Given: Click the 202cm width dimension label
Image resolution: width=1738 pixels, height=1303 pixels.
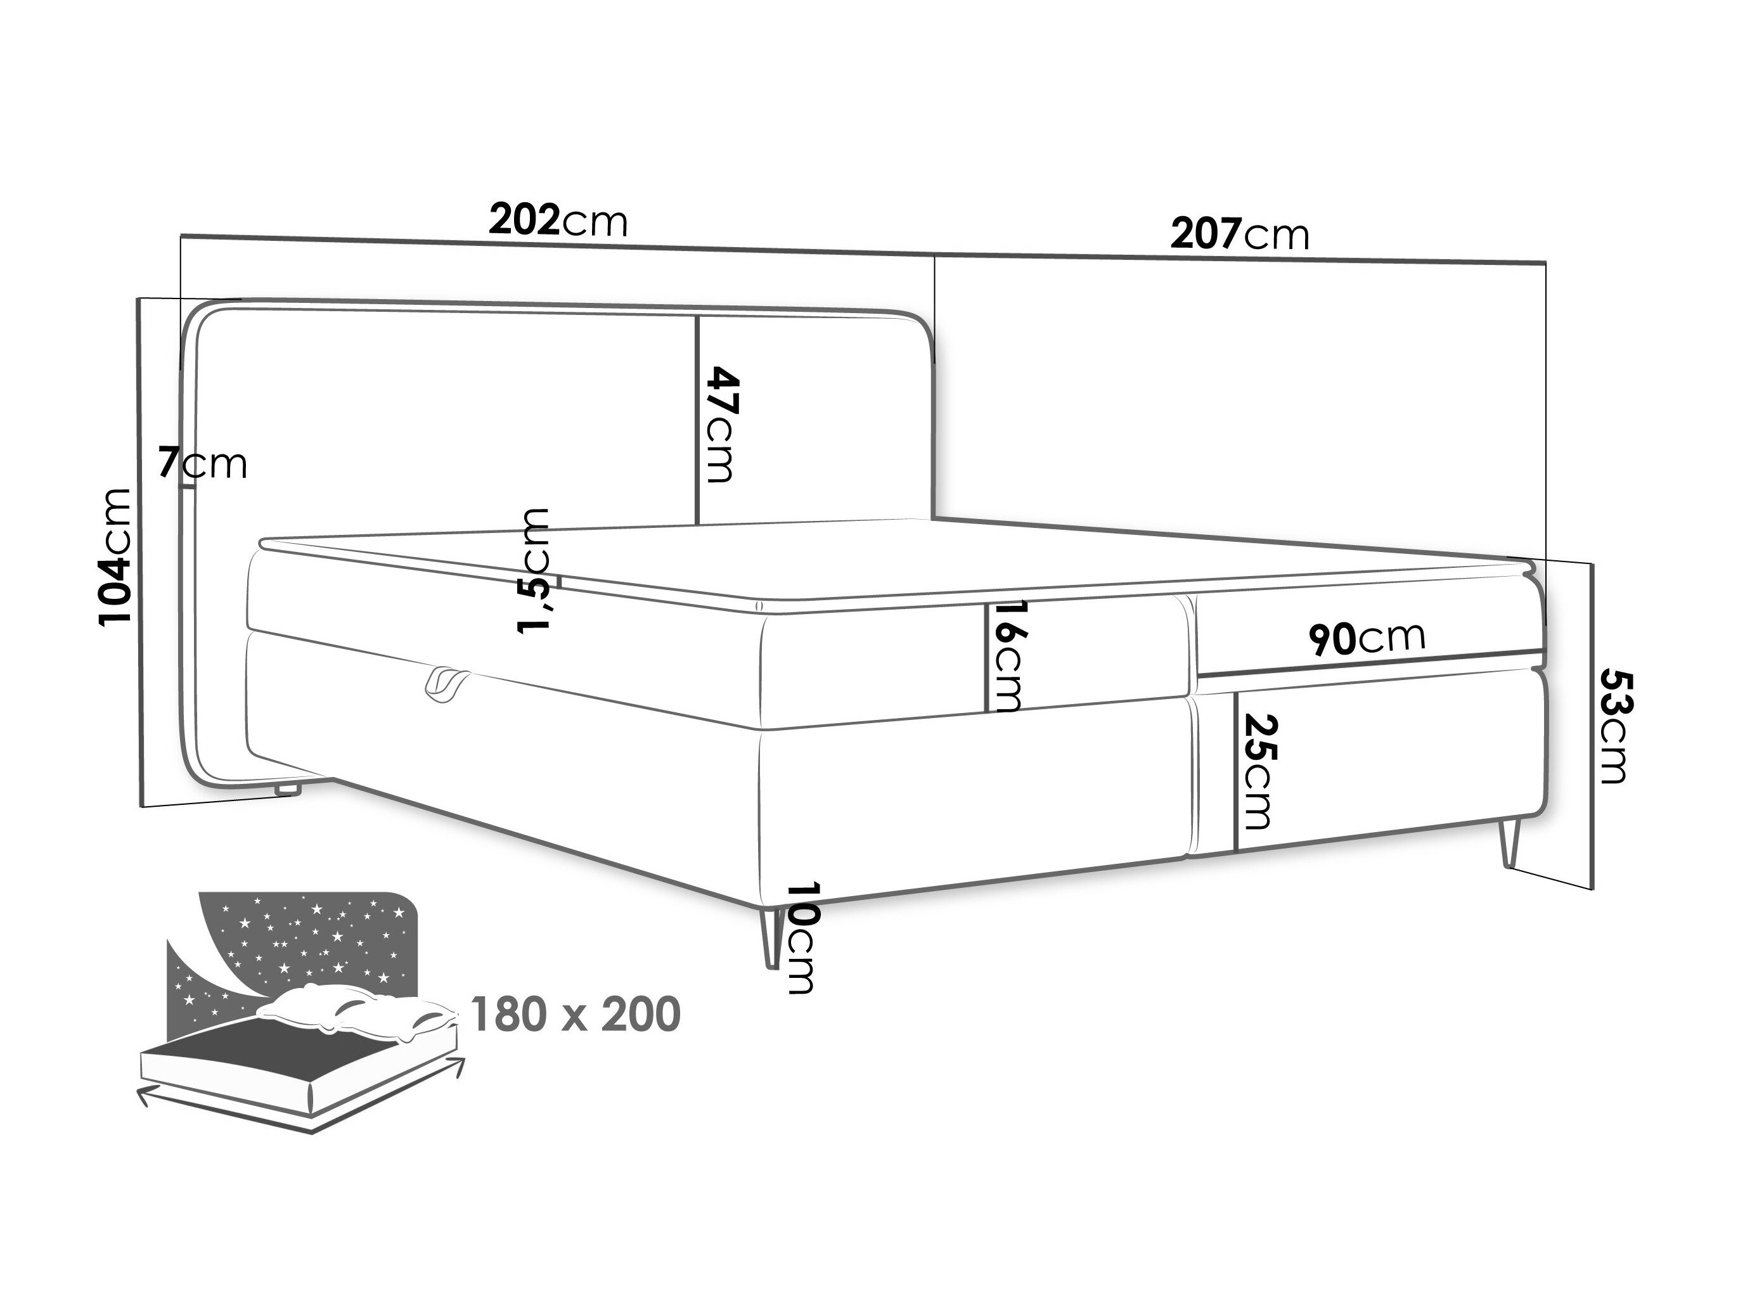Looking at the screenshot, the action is (x=558, y=221).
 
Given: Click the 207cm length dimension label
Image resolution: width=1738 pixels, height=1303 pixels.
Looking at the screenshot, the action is (x=1240, y=234).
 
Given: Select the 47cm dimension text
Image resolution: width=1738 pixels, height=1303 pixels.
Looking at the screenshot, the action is (x=721, y=424).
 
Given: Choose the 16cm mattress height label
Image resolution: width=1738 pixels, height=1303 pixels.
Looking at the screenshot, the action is (x=1008, y=657).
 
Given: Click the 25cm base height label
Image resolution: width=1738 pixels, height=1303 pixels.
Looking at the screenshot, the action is (x=1255, y=772).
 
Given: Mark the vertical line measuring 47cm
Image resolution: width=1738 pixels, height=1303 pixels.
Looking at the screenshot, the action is (x=698, y=420).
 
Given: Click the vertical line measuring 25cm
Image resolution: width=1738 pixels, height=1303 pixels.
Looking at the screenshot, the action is (x=1236, y=772).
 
